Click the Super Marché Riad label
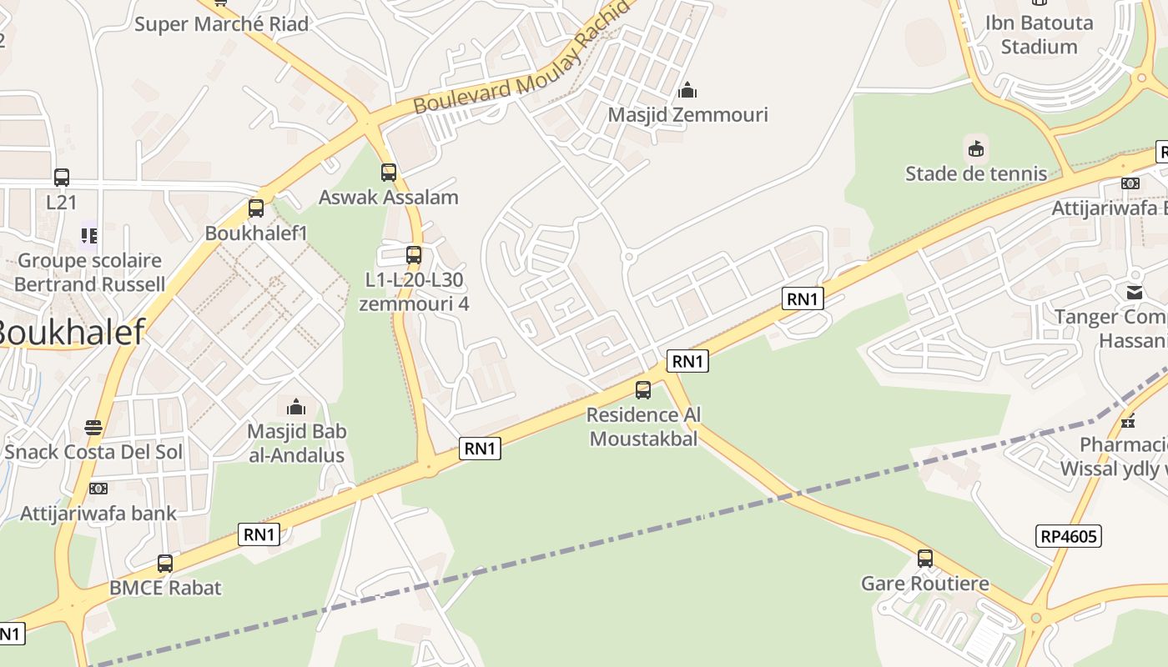(x=221, y=23)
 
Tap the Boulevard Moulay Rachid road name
(x=521, y=63)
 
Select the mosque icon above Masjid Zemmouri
(x=687, y=89)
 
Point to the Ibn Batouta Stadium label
(x=1039, y=34)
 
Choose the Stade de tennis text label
(x=976, y=173)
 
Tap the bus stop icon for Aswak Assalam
(x=389, y=173)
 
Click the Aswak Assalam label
(x=389, y=198)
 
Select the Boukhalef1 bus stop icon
(x=256, y=208)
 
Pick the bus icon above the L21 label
(x=62, y=177)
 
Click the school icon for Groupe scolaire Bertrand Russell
(x=89, y=236)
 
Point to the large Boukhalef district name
(x=71, y=331)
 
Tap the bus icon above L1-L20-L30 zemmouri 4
(x=414, y=255)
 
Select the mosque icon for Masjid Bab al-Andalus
(x=296, y=407)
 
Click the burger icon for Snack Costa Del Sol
(x=93, y=428)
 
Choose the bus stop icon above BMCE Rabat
(x=165, y=564)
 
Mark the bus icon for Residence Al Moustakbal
(x=643, y=389)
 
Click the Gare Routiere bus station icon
(x=925, y=559)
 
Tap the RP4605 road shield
(x=1069, y=536)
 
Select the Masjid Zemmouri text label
(x=687, y=114)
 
